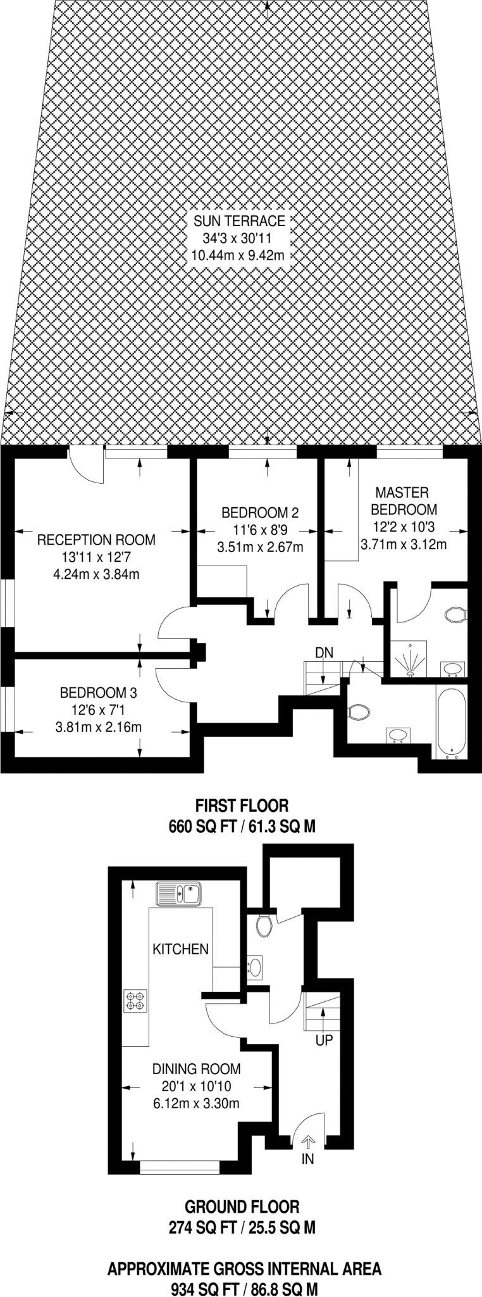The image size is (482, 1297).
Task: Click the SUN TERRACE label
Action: (239, 221)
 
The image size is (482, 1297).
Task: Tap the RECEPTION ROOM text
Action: (96, 540)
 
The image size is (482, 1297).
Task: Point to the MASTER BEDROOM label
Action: (403, 501)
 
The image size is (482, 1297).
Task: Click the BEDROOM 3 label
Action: (98, 693)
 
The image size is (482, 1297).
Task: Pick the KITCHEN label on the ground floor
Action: (180, 949)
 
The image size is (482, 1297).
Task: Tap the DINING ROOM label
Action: (196, 1069)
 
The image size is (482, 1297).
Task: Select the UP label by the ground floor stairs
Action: (324, 1040)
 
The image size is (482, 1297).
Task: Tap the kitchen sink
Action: (178, 894)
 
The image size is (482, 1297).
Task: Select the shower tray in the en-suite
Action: (409, 659)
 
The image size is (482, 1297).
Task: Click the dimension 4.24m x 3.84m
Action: (96, 575)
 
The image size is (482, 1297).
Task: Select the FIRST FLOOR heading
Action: (242, 806)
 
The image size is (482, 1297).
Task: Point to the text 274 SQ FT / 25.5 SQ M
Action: (242, 1228)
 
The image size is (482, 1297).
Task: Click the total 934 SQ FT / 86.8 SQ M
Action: (244, 1289)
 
